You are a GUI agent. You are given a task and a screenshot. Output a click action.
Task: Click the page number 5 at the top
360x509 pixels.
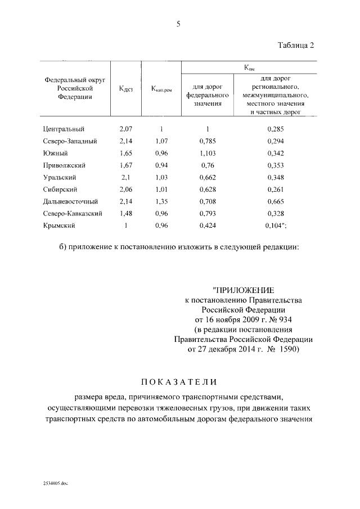[x=178, y=24]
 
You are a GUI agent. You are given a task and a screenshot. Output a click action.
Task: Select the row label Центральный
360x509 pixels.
[x=64, y=129]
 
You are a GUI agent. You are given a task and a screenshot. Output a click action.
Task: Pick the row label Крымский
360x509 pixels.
[x=59, y=226]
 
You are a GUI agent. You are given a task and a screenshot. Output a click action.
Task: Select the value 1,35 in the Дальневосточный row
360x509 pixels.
[x=161, y=201]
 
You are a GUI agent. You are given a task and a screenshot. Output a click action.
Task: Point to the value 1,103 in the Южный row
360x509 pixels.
[x=208, y=153]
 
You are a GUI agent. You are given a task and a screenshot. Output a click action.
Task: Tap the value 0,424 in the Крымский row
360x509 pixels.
[x=208, y=226]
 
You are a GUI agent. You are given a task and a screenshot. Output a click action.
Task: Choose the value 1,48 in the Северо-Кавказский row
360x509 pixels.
[x=126, y=213]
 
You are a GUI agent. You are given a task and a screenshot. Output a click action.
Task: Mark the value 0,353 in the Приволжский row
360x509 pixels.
[x=276, y=165]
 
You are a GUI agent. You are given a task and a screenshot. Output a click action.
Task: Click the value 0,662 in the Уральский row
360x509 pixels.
[x=208, y=177]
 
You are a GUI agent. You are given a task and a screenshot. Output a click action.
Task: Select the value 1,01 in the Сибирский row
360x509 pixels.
[x=161, y=189]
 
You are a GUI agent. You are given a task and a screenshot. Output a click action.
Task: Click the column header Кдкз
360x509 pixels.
[x=126, y=88]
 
